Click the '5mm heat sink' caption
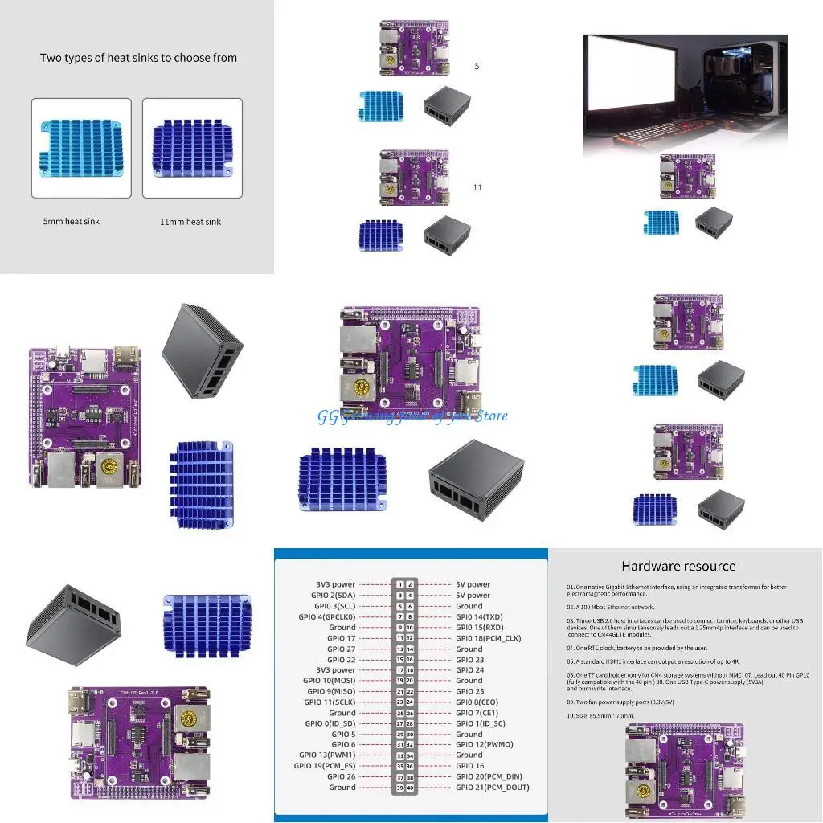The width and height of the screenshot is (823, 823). click(72, 221)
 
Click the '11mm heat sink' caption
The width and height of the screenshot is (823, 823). click(190, 221)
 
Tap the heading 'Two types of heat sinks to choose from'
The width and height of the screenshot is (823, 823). click(138, 58)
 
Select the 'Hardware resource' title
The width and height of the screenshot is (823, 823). click(678, 566)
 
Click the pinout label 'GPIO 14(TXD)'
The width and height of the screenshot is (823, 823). click(479, 616)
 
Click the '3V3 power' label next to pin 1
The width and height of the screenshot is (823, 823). click(335, 584)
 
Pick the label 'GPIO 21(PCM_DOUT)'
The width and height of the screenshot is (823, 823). click(492, 788)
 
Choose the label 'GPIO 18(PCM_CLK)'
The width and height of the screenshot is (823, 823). click(489, 638)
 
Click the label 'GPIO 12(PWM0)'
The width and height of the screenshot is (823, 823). click(484, 744)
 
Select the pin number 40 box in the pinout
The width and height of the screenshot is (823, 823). click(410, 788)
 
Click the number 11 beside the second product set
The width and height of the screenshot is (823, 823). click(477, 187)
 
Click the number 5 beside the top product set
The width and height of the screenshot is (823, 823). click(477, 66)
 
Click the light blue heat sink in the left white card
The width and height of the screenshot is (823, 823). click(80, 149)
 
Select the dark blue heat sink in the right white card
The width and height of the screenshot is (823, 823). click(192, 149)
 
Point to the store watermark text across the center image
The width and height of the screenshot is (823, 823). click(412, 416)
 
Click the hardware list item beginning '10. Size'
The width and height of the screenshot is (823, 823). click(600, 714)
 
